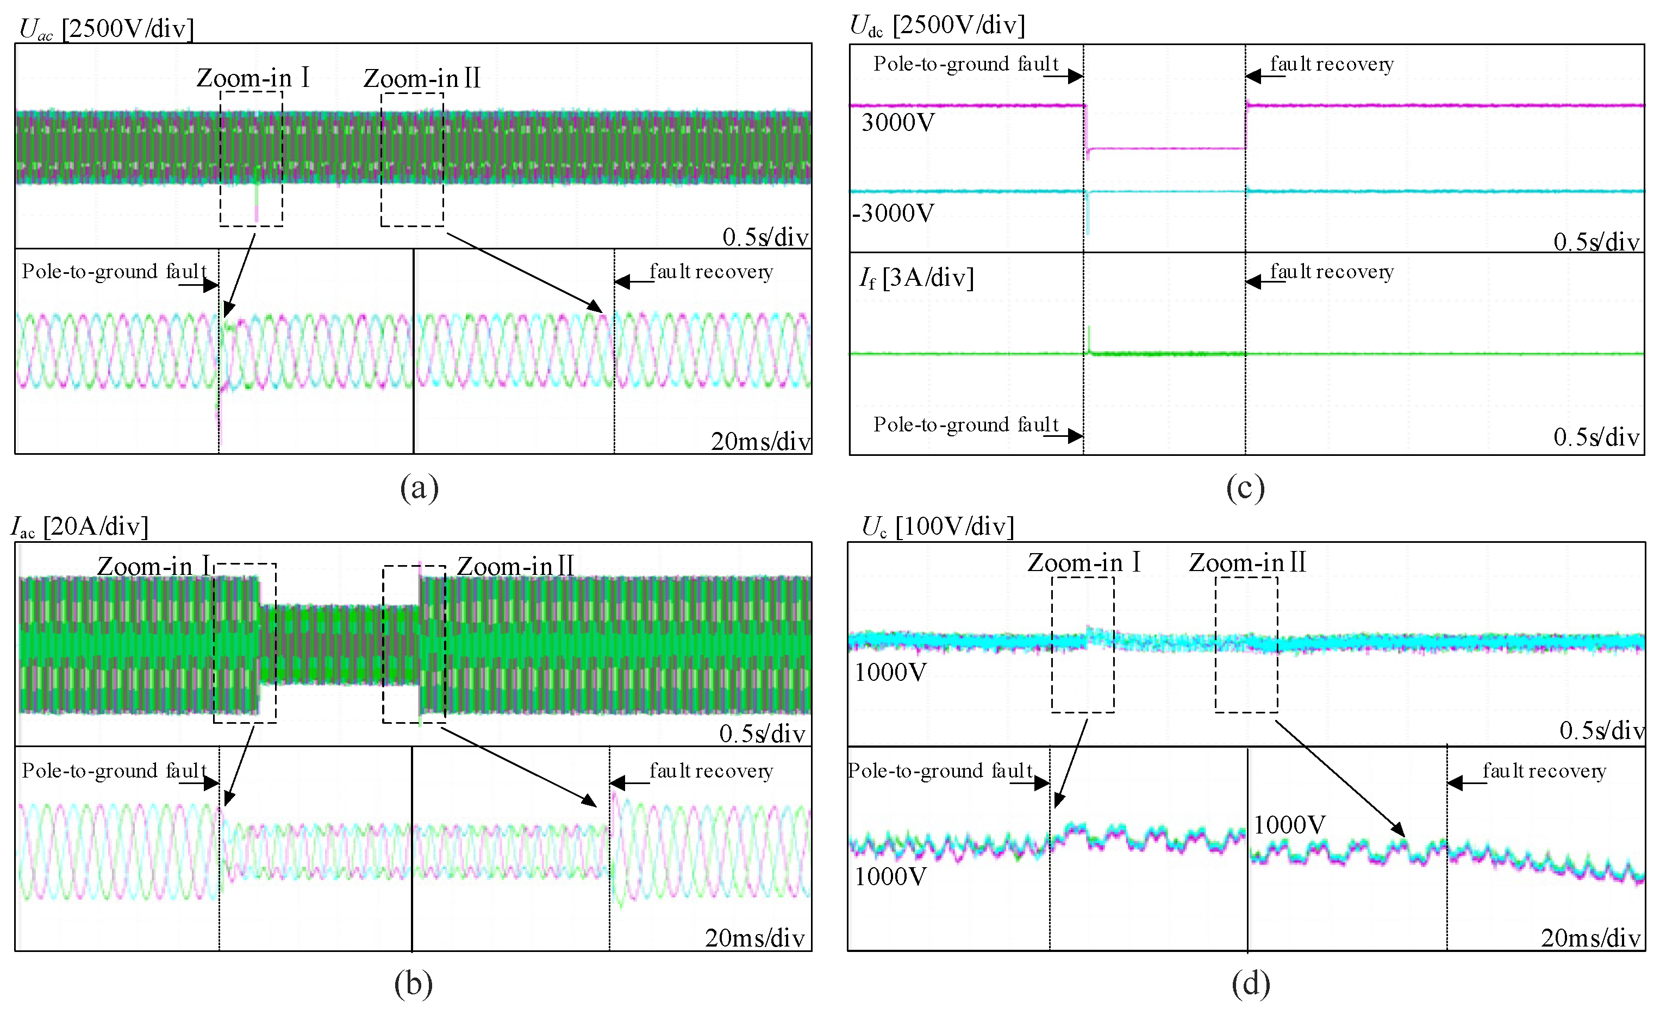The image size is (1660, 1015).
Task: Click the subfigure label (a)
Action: click(x=419, y=487)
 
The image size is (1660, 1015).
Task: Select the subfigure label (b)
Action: click(x=413, y=984)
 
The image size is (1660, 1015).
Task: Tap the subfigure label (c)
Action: click(x=1245, y=487)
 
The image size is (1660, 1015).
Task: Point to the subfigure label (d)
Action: click(x=1250, y=984)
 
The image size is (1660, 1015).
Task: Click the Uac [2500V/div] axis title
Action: click(x=106, y=29)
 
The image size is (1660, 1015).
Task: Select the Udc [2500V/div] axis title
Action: click(x=937, y=26)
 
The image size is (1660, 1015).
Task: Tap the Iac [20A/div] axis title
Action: click(x=79, y=526)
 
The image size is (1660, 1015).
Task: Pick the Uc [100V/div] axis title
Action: click(x=937, y=526)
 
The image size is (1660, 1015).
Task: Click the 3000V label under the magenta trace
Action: click(x=897, y=123)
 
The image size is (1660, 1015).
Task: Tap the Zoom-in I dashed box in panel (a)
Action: click(x=251, y=159)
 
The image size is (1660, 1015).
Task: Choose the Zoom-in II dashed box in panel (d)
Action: click(x=1246, y=644)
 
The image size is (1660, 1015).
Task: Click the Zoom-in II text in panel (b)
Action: click(x=515, y=566)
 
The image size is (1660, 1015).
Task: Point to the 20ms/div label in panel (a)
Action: click(x=760, y=441)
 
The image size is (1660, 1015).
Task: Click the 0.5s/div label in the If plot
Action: click(x=1596, y=437)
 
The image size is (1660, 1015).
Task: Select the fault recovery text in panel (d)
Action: click(x=1544, y=770)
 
